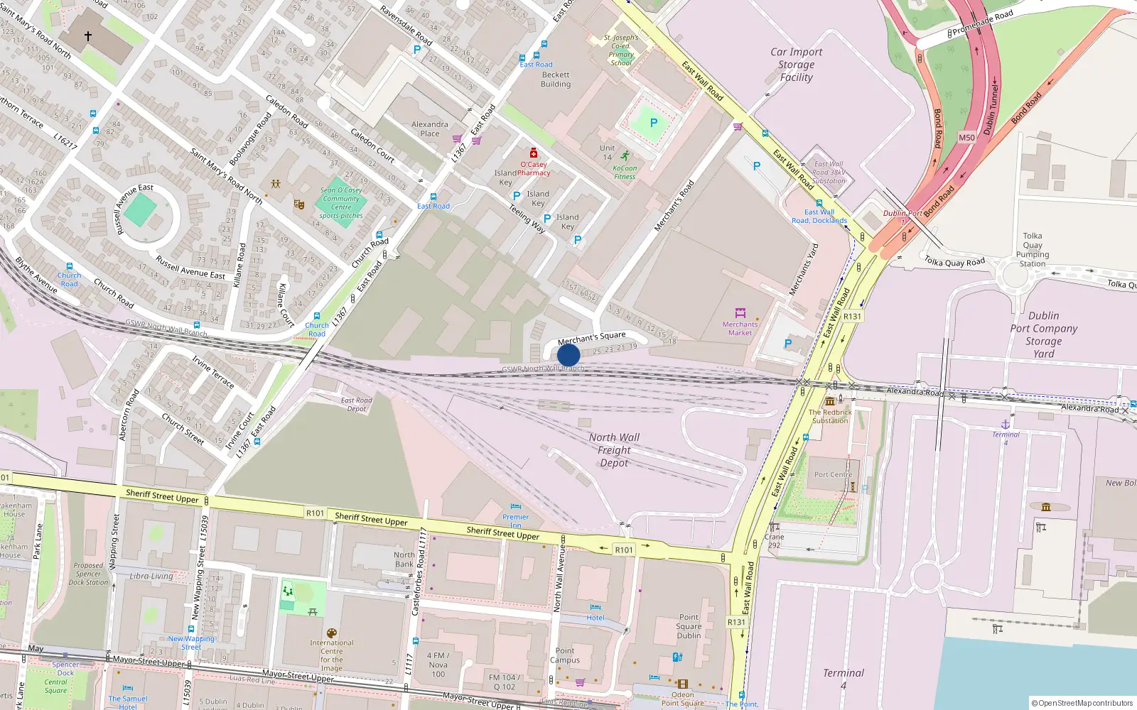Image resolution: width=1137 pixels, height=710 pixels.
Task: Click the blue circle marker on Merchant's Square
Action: pos(568,355)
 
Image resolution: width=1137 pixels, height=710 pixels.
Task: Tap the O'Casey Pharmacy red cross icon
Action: pos(534,153)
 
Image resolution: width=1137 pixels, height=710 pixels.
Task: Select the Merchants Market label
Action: pos(740,328)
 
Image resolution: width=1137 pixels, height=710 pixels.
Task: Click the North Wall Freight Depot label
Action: pos(614,450)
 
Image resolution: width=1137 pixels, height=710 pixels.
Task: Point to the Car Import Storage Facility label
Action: pos(796,65)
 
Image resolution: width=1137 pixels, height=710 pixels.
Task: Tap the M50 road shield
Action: pos(966,138)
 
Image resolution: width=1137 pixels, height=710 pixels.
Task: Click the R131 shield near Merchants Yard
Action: pos(852,317)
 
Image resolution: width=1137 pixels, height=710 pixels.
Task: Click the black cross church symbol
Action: pos(88,35)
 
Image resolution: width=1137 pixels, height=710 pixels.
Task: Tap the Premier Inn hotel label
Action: pos(515,520)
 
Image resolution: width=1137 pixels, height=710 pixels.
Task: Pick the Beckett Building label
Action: pos(556,79)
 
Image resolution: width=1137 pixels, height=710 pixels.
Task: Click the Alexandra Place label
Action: pos(430,129)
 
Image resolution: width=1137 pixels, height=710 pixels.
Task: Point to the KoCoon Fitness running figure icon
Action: pos(625,156)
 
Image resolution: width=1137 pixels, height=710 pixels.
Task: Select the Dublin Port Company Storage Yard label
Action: pos(1043,334)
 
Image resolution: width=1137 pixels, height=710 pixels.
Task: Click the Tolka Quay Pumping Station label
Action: pos(1033,249)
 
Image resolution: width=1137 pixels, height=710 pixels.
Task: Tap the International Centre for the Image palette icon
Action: pos(331,633)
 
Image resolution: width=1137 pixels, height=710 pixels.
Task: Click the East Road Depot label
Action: pos(357,404)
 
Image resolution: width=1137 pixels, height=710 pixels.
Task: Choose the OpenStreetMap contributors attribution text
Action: pos(1082,703)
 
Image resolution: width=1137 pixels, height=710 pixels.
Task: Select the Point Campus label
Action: pos(565,655)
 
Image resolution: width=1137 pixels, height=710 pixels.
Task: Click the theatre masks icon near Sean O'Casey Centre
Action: pos(299,204)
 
